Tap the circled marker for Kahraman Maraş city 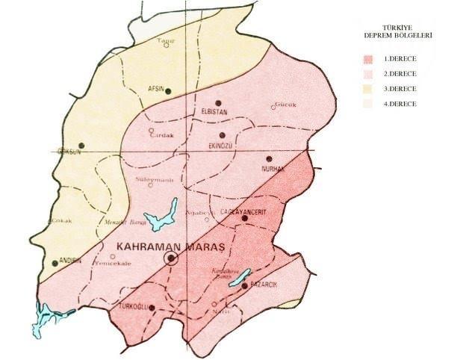tap(171, 258)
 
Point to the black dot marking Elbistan tap(218, 103)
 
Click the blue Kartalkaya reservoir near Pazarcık tap(240, 279)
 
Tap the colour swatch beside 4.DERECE tap(368, 104)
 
